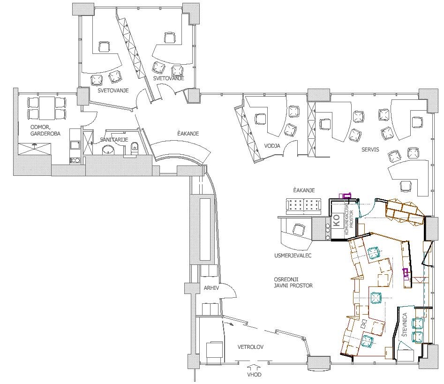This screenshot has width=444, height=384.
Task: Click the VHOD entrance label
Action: click(254, 374)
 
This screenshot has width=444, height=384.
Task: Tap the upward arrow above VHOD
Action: click(254, 367)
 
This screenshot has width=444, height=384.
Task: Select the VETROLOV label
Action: click(250, 347)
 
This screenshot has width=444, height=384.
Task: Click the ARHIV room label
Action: click(211, 288)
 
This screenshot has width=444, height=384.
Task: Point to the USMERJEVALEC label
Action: click(293, 256)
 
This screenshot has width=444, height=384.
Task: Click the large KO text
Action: click(336, 220)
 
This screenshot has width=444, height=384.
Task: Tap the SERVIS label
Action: click(370, 150)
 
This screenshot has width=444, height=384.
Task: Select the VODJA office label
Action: click(272, 146)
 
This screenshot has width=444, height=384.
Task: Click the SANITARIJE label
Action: click(114, 140)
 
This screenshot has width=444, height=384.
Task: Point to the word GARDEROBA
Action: click(45, 134)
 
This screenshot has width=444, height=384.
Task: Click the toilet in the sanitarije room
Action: click(135, 148)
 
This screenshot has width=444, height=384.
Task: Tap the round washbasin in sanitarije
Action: click(108, 150)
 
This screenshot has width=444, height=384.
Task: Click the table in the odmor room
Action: click(47, 108)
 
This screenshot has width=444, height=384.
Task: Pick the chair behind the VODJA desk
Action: click(260, 119)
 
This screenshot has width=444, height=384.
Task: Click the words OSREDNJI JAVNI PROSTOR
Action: click(293, 282)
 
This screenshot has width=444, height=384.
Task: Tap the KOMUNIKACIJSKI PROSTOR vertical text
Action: click(348, 222)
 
